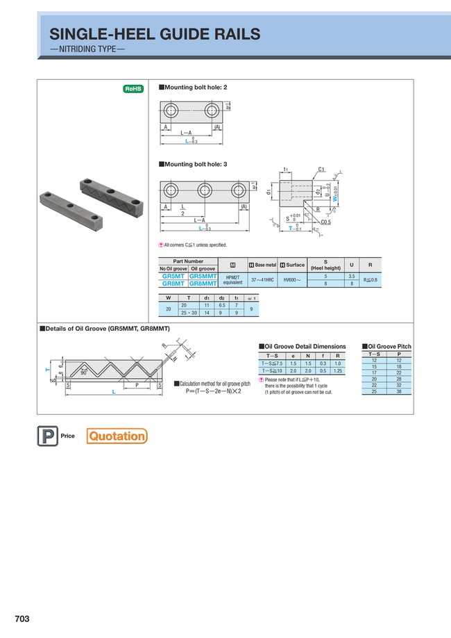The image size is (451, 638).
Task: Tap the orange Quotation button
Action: click(117, 436)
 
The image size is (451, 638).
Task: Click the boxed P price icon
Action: click(46, 436)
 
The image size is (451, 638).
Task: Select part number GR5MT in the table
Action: click(173, 276)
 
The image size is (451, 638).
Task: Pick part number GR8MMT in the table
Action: click(203, 283)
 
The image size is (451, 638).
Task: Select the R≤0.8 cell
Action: click(372, 279)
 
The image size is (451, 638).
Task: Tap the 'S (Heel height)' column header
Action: click(325, 265)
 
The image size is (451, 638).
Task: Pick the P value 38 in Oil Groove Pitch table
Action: click(399, 391)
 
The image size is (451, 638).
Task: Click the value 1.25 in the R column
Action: click(337, 370)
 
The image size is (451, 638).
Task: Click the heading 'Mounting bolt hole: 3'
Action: click(195, 164)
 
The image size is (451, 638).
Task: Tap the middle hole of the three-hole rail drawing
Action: click(204, 190)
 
